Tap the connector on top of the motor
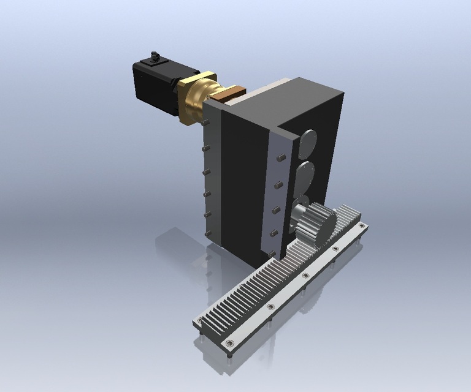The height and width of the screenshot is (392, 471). (x=154, y=59)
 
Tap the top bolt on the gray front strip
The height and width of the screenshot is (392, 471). (x=280, y=158)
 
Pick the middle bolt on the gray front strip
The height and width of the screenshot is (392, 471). (x=276, y=208)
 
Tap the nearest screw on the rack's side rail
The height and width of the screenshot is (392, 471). (x=230, y=343)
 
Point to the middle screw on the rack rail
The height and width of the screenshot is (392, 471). (x=305, y=276)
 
